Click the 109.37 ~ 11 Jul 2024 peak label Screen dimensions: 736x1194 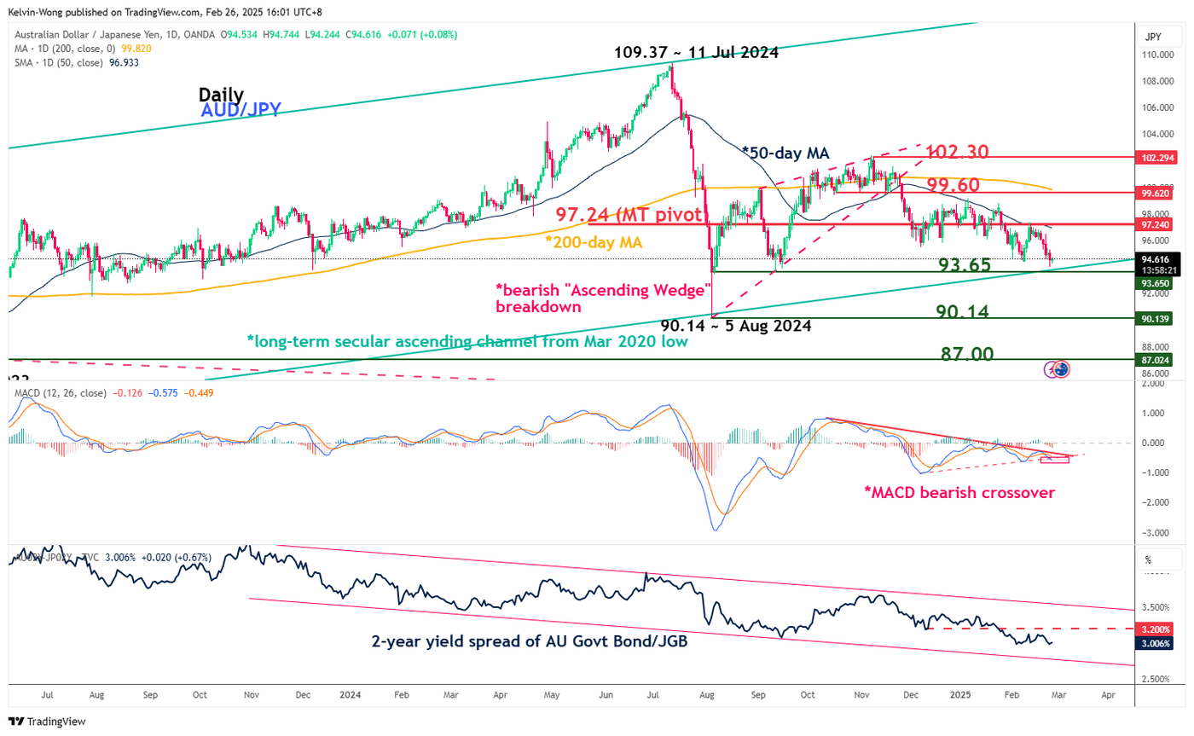tap(696, 52)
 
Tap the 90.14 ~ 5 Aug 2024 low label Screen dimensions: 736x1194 tap(735, 326)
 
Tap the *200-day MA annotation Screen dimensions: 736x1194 tap(594, 242)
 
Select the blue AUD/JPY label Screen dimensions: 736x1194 tap(241, 110)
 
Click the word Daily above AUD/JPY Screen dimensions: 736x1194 tap(221, 95)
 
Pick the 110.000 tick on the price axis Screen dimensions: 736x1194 tap(1155, 55)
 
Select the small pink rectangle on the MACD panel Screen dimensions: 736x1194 tap(1055, 461)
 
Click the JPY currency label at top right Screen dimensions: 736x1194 tap(1154, 37)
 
